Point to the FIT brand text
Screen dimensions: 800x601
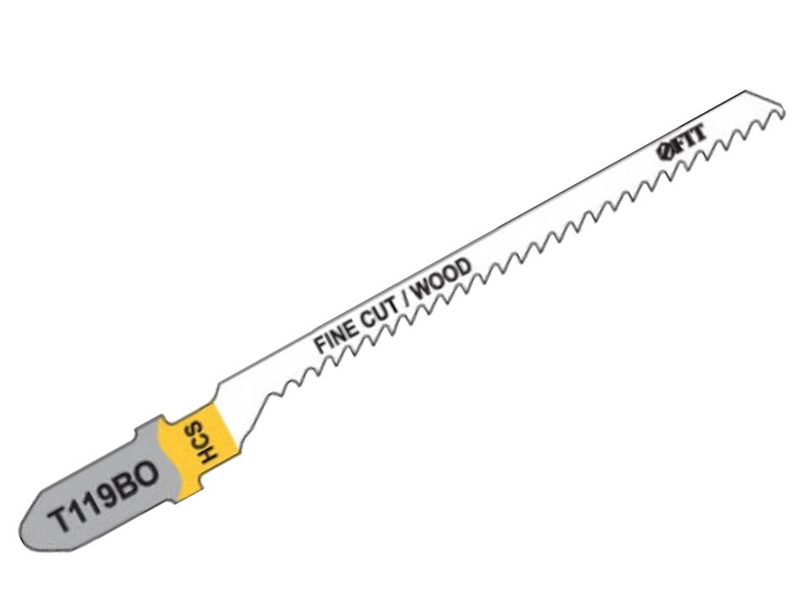(689, 140)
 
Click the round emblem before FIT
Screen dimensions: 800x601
(663, 152)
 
